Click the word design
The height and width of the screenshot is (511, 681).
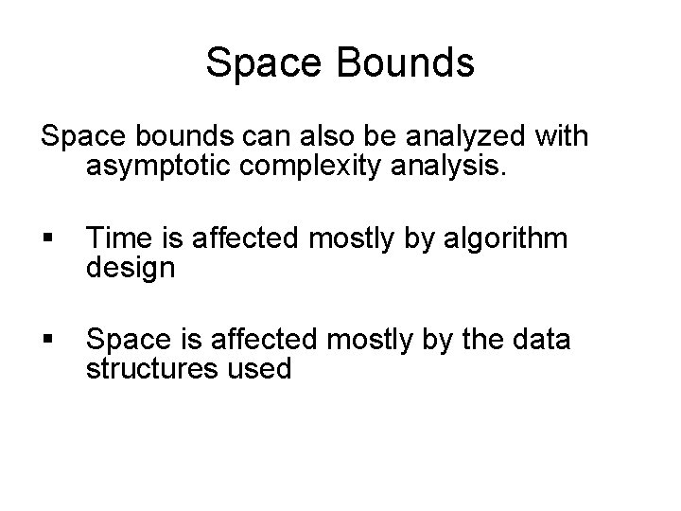pos(130,269)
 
